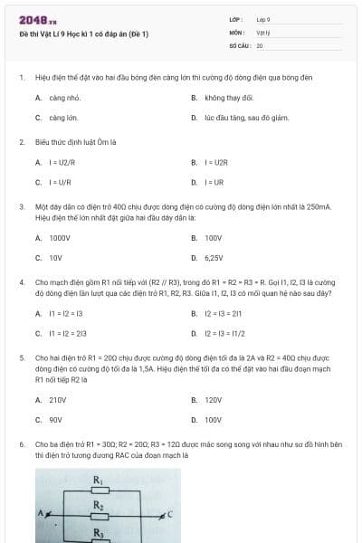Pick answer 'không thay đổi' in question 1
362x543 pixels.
(228, 98)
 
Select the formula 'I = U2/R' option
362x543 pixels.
(61, 163)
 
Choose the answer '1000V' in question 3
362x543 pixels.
(60, 238)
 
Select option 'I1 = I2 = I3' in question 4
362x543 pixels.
(65, 313)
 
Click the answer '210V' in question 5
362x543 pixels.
(58, 399)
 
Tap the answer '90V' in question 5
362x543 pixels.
(55, 419)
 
